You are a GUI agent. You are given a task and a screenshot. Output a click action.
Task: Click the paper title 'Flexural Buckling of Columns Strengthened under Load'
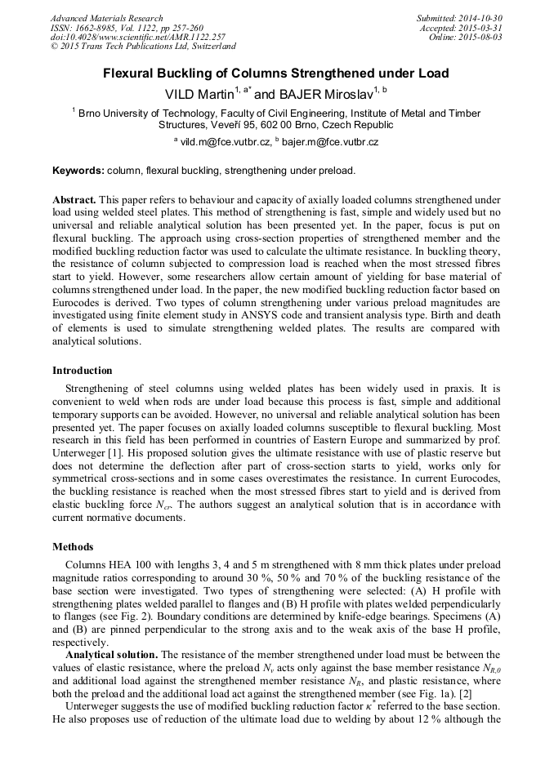click(x=275, y=73)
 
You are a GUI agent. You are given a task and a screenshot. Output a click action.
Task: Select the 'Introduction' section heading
click(x=83, y=370)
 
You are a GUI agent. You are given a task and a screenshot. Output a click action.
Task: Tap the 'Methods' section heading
click(x=73, y=546)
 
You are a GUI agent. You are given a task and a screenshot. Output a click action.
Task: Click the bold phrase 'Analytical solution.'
click(x=111, y=654)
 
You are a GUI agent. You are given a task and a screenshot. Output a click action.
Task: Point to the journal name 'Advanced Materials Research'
click(x=106, y=18)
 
